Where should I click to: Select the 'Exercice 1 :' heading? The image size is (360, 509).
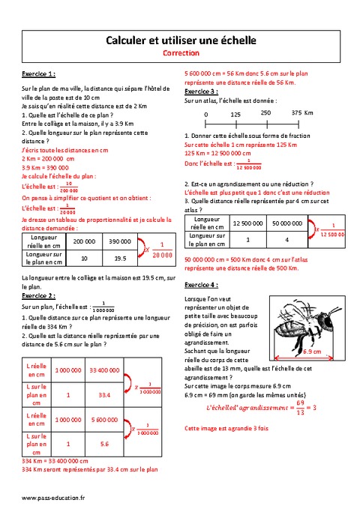pos(38,74)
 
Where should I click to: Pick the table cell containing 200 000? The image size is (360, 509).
pos(84,241)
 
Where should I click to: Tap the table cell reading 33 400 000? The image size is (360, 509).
pos(105,370)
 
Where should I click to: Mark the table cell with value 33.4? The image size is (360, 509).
pos(105,394)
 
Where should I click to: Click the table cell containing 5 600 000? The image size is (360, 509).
pos(105,421)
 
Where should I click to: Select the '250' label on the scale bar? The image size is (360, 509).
pos(265,112)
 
